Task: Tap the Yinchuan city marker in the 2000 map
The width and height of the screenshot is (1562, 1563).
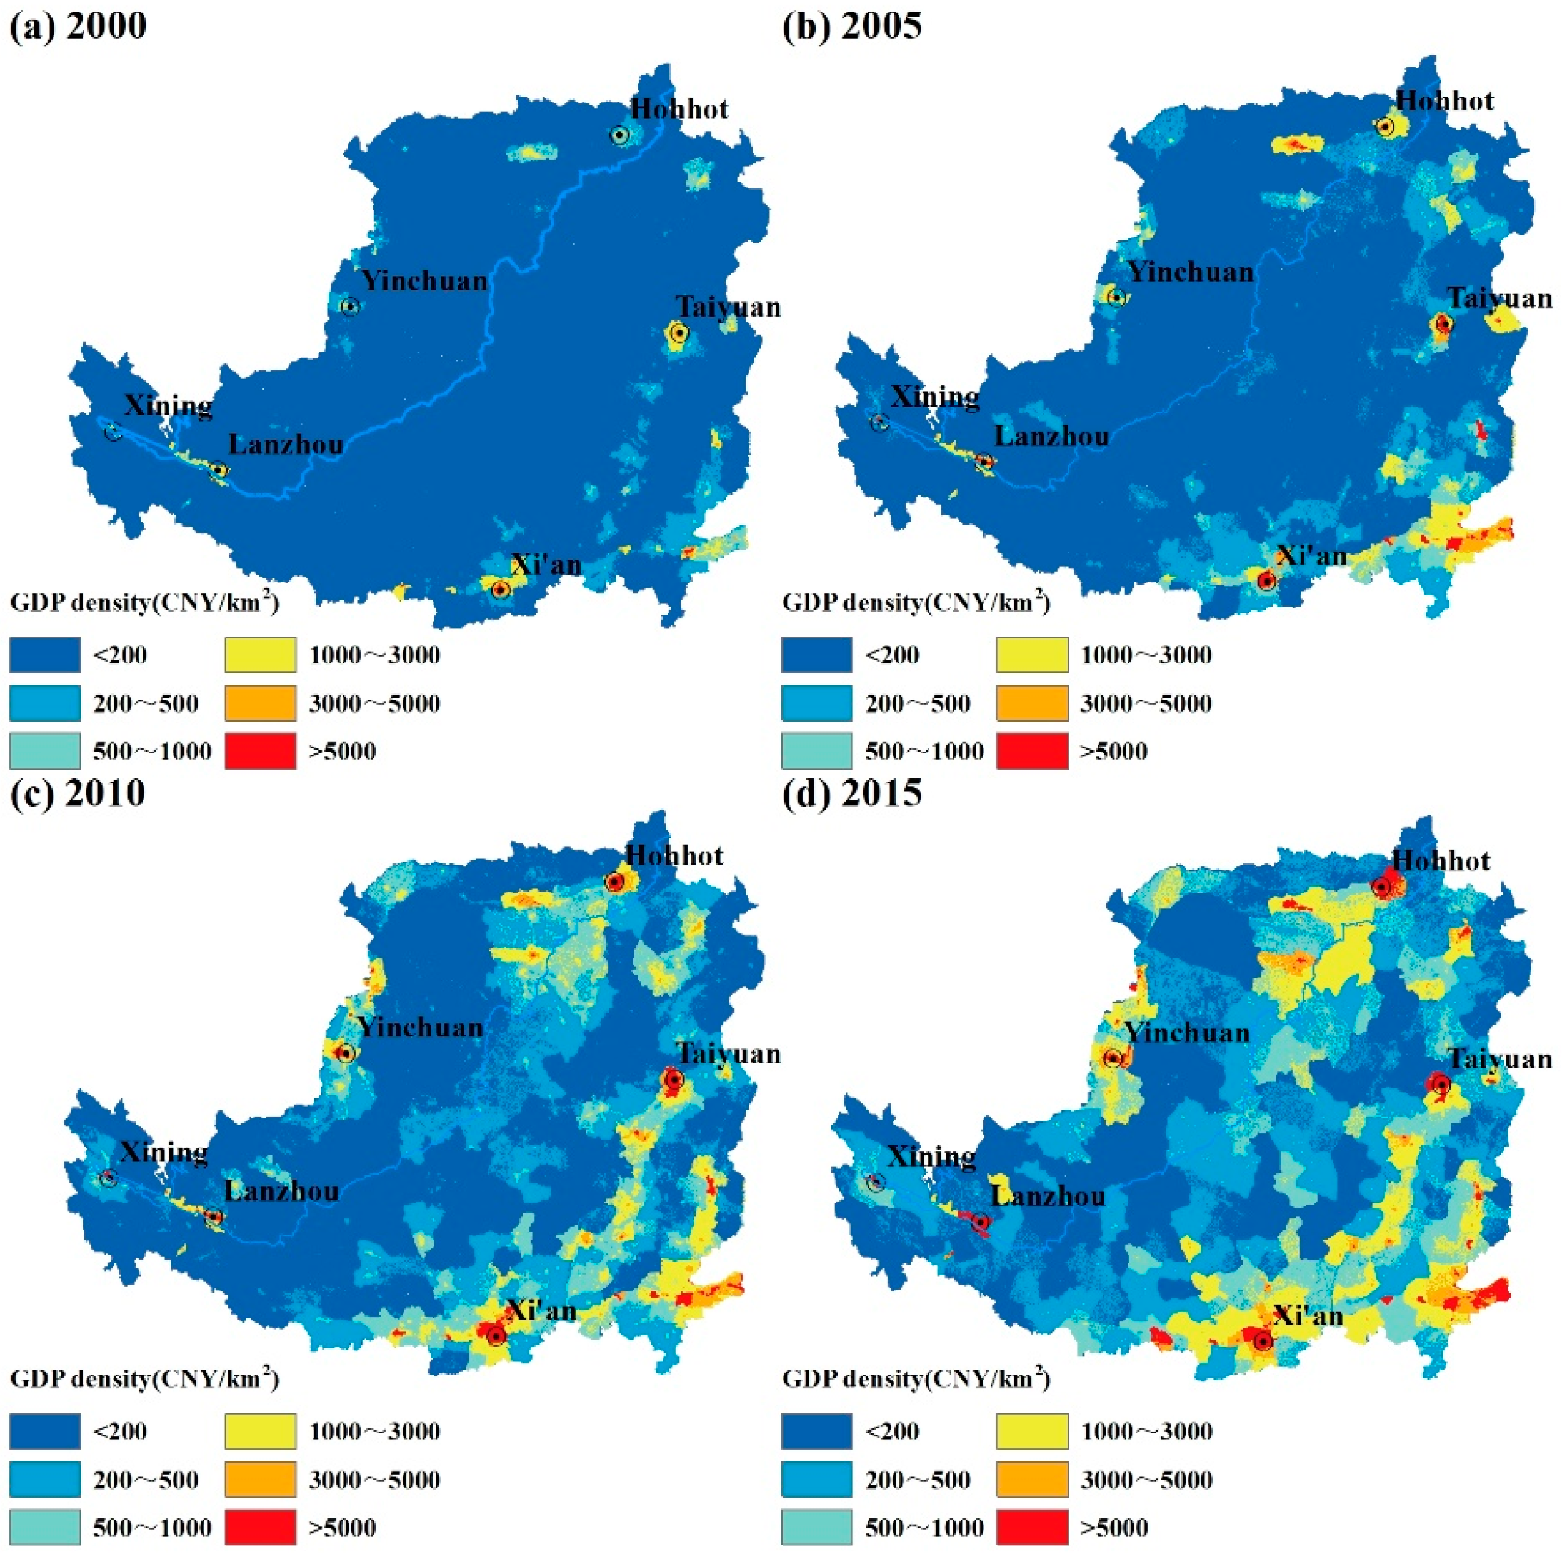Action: (349, 306)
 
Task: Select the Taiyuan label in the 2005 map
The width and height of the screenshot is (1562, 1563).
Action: (1500, 298)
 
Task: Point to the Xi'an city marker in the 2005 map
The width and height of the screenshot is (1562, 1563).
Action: (1266, 580)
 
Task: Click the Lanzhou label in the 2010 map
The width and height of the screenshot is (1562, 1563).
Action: (281, 1191)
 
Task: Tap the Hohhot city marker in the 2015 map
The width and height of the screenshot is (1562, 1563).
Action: (1382, 887)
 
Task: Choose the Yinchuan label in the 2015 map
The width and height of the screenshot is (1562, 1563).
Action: (1188, 1033)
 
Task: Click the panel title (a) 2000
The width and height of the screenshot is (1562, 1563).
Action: (78, 26)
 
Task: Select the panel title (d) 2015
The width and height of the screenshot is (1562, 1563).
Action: (852, 793)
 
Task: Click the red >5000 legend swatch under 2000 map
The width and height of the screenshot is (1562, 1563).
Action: (260, 751)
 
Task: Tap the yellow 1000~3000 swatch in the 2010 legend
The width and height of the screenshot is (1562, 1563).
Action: (260, 1431)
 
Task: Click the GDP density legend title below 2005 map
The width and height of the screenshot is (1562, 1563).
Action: (916, 603)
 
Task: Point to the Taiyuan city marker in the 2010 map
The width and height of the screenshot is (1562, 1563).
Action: (672, 1079)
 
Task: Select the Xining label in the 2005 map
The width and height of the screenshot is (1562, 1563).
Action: (935, 396)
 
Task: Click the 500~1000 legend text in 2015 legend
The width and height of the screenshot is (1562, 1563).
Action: (924, 1528)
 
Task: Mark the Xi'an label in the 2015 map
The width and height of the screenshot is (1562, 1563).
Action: (1309, 1316)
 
